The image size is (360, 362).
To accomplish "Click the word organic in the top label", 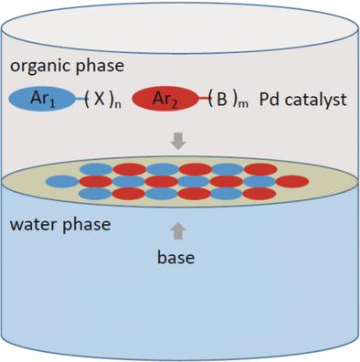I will coord(36,68).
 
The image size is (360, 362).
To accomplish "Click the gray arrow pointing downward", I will coord(179,140).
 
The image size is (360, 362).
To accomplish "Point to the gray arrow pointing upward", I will coord(179,232).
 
